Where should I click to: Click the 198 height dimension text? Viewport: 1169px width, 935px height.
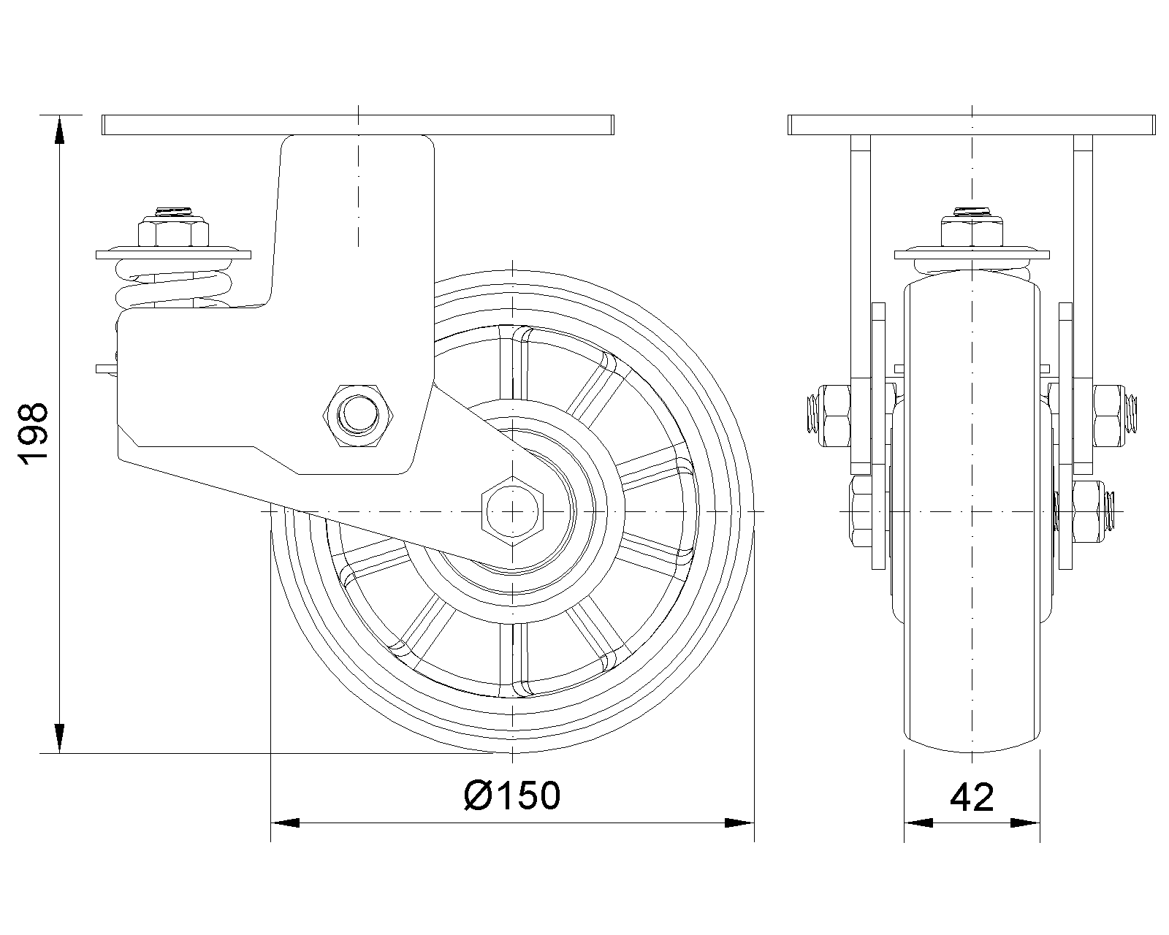tap(34, 434)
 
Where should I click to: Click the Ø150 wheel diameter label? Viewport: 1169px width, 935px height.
tap(511, 796)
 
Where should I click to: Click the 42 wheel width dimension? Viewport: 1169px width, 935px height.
tap(972, 798)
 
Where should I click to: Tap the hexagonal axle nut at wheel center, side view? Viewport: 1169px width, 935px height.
tap(513, 511)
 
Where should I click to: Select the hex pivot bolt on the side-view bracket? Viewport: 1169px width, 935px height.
tap(358, 416)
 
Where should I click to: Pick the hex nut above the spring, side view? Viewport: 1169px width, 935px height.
tap(173, 232)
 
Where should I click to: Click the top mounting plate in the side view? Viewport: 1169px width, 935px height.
tap(358, 125)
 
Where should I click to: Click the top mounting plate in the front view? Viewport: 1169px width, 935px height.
tap(971, 125)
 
